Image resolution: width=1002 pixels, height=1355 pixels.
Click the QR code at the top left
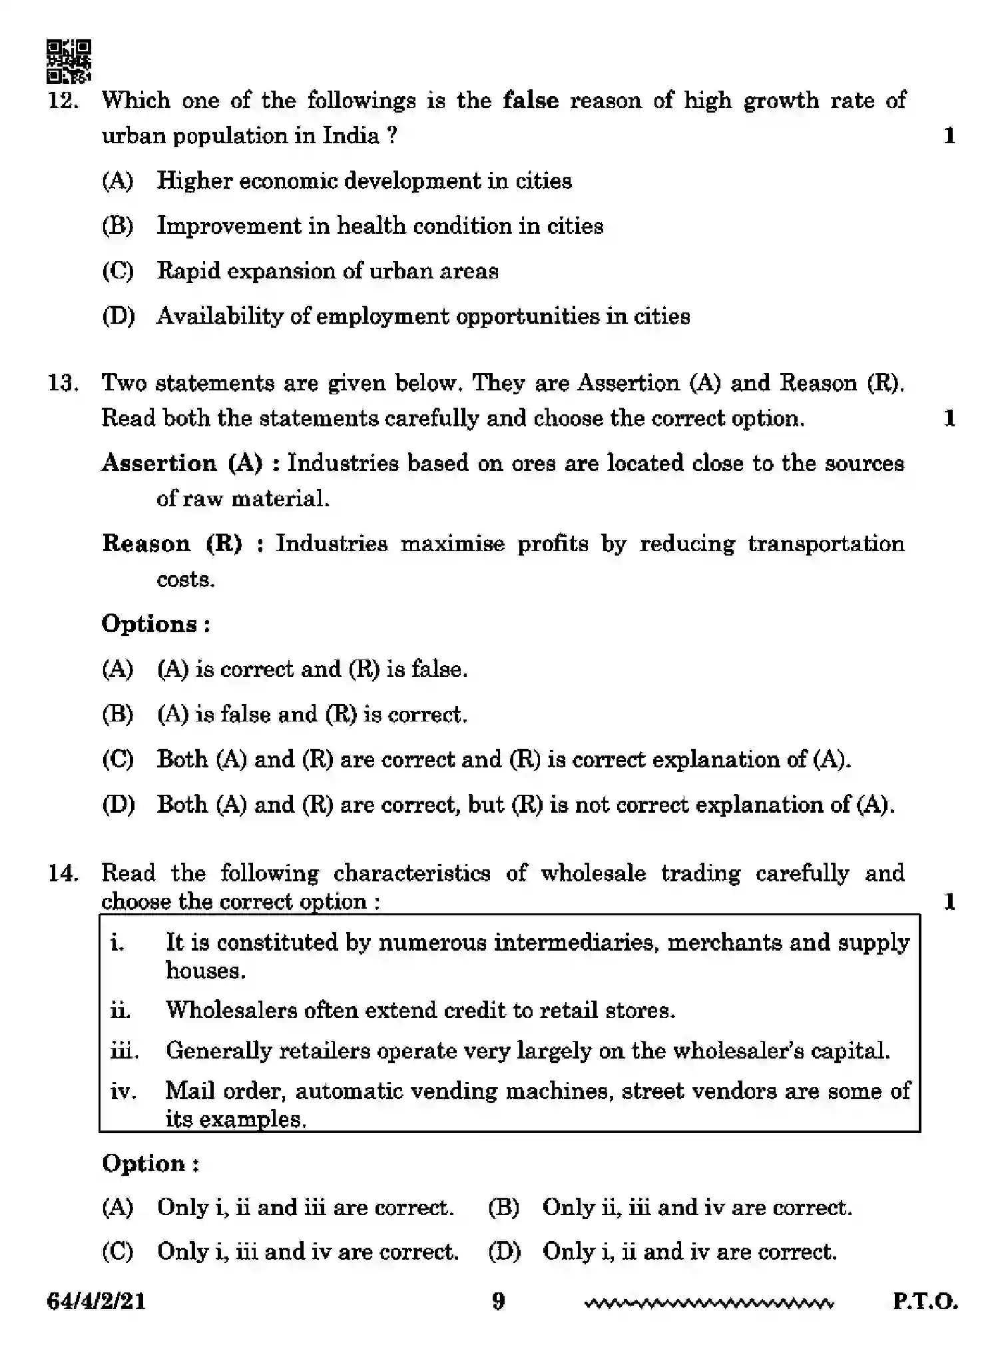tap(69, 61)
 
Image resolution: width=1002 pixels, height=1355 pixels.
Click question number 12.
tap(63, 101)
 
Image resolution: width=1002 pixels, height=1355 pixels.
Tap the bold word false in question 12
tap(531, 101)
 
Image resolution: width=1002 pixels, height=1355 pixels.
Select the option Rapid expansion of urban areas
tap(327, 271)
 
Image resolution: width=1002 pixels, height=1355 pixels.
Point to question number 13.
tap(63, 384)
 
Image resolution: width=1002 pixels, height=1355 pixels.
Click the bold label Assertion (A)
tap(182, 463)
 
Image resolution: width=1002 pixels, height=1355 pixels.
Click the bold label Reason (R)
tap(172, 544)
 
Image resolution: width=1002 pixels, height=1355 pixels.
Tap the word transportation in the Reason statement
tap(826, 544)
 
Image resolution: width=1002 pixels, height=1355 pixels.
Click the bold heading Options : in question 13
tap(156, 624)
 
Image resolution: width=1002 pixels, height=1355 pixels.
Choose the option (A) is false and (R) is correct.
tap(312, 714)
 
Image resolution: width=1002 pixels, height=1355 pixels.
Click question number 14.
tap(63, 873)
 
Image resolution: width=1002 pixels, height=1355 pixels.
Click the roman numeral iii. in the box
tap(124, 1051)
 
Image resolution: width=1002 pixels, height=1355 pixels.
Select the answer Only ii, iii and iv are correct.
tap(696, 1207)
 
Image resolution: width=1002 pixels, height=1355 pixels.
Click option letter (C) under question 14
tap(118, 1252)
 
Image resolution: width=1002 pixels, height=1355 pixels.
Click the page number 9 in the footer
tap(498, 1300)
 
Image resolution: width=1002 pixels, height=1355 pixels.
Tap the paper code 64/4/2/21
tap(97, 1301)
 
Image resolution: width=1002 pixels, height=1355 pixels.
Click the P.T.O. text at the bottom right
tap(925, 1301)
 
